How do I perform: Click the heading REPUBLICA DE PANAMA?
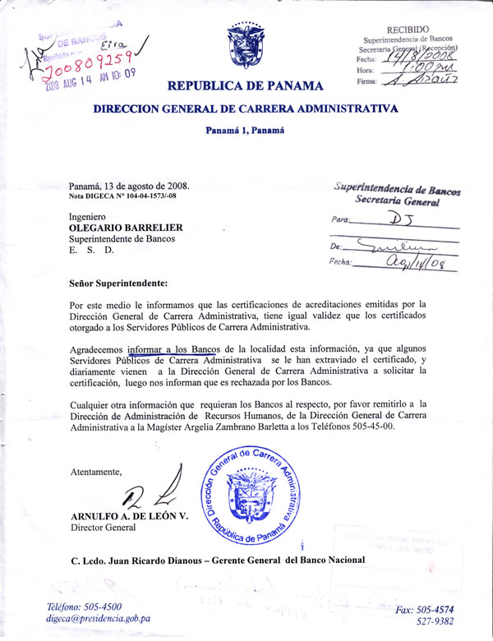244,85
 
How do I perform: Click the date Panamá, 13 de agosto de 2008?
135,186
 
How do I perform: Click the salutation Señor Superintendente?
118,284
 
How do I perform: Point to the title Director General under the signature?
103,528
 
